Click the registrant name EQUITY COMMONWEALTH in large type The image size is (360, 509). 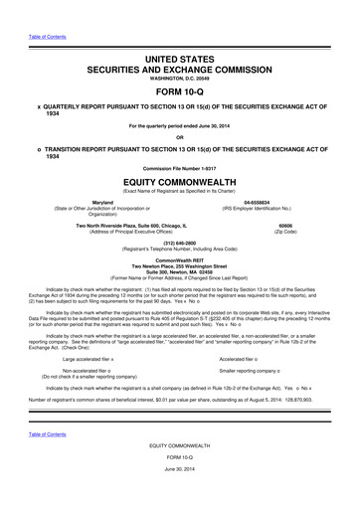point(180,182)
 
